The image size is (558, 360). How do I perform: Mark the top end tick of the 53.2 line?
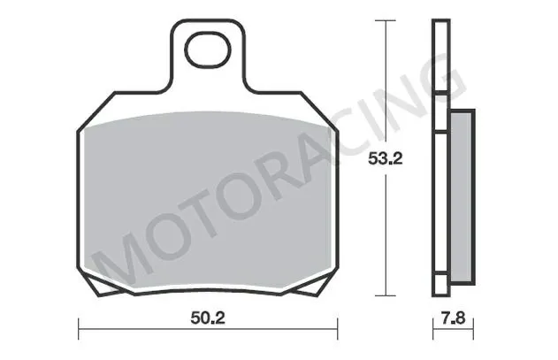[x=386, y=19]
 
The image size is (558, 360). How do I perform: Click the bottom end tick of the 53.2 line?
[x=386, y=295]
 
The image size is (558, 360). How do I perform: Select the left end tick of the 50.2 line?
[x=80, y=331]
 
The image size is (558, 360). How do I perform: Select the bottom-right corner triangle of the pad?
[x=324, y=284]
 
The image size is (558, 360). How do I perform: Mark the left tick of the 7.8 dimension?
[x=432, y=331]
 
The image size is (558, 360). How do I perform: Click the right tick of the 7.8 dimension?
[x=468, y=331]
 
